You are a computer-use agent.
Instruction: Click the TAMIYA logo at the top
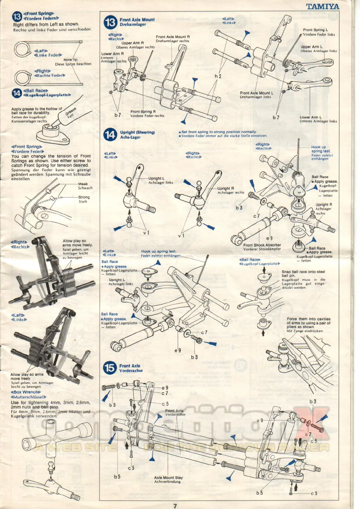323,7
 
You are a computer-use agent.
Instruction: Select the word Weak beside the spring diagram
83,184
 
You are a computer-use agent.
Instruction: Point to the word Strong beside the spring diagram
84,197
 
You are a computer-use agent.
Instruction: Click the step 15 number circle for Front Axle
110,368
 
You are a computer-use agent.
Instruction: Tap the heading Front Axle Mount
137,20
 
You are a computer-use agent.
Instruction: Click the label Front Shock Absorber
262,245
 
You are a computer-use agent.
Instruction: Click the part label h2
218,76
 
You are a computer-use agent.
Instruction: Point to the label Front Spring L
315,30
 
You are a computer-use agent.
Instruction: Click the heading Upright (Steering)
137,132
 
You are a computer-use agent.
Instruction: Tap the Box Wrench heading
26,392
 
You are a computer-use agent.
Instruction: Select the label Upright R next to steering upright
226,188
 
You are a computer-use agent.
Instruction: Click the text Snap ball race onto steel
303,272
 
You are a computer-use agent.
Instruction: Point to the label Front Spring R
143,111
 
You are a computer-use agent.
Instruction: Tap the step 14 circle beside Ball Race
17,93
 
